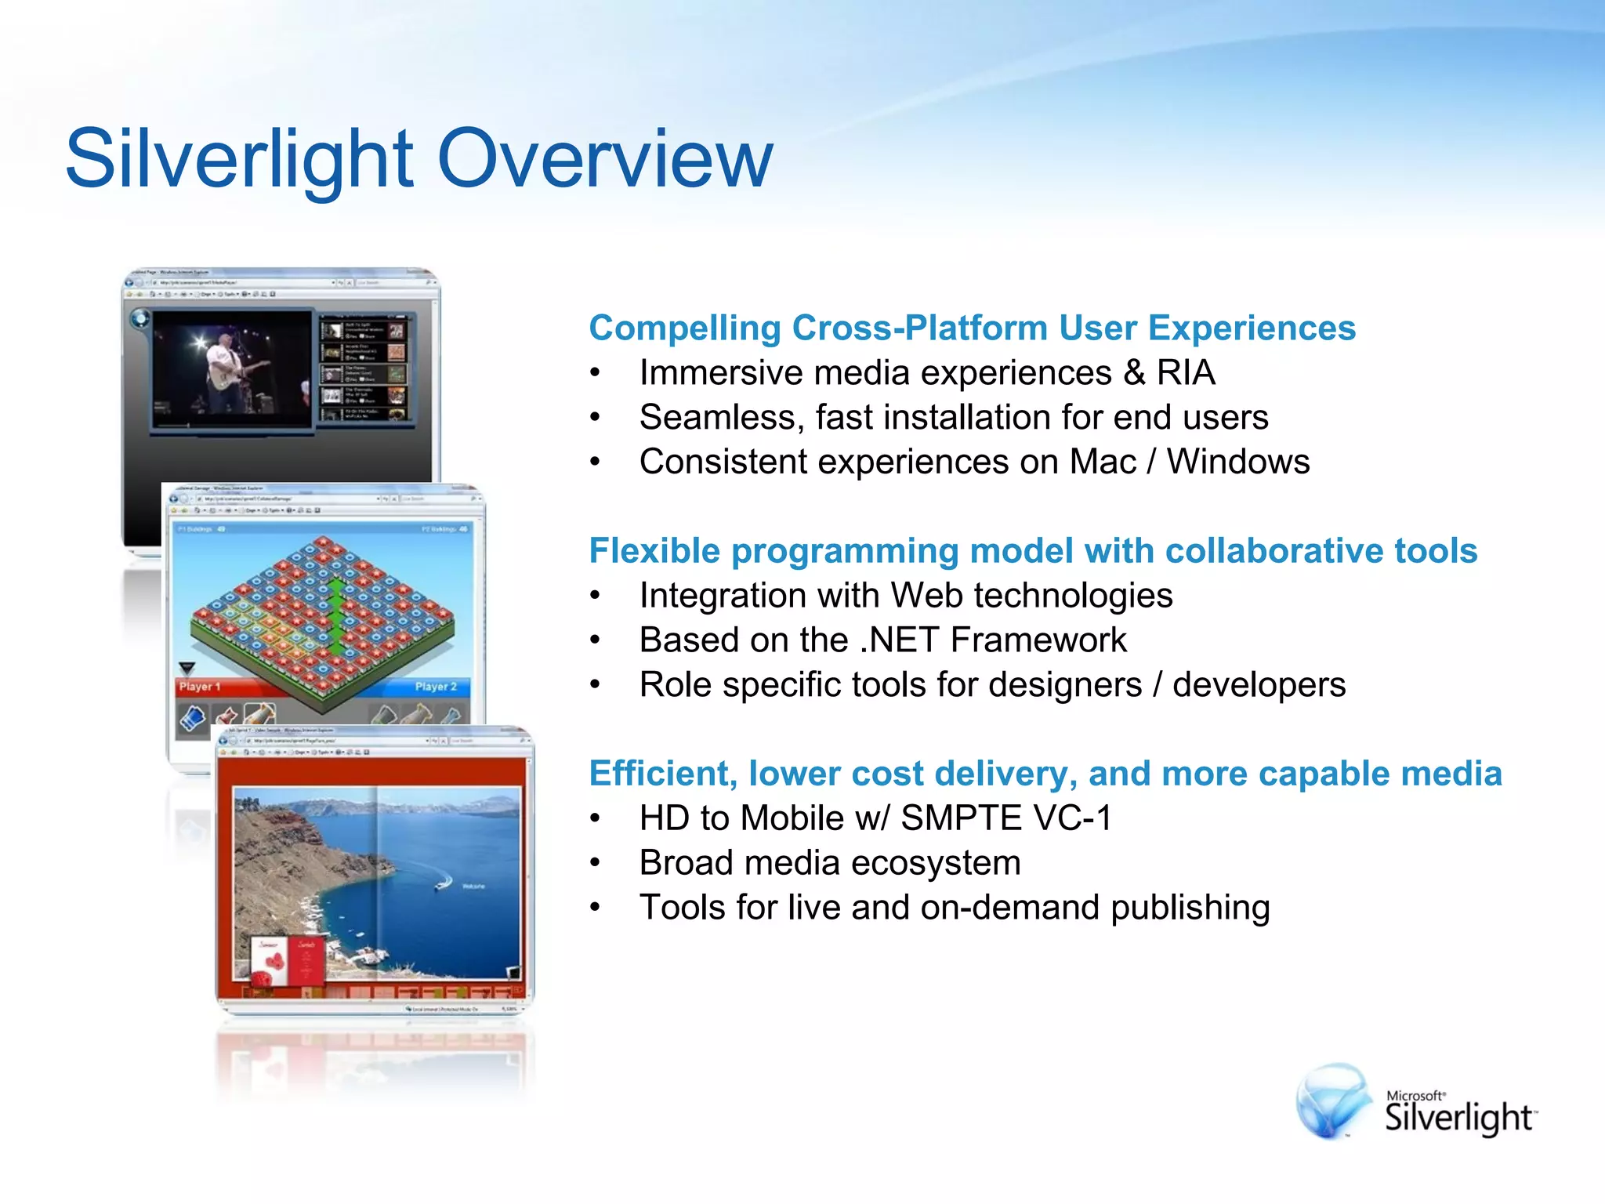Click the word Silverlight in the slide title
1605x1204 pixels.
(239, 159)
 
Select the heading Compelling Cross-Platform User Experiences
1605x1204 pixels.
(972, 328)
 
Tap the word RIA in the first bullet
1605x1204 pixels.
(1186, 372)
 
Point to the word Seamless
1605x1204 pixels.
(721, 417)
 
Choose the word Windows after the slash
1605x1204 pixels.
(1238, 462)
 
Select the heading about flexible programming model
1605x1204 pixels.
(1033, 550)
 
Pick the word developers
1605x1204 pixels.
(1259, 685)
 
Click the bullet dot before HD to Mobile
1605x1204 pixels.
(596, 819)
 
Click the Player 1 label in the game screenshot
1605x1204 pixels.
(200, 687)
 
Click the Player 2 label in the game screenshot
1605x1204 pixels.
(436, 687)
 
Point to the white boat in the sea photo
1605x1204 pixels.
(444, 883)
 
